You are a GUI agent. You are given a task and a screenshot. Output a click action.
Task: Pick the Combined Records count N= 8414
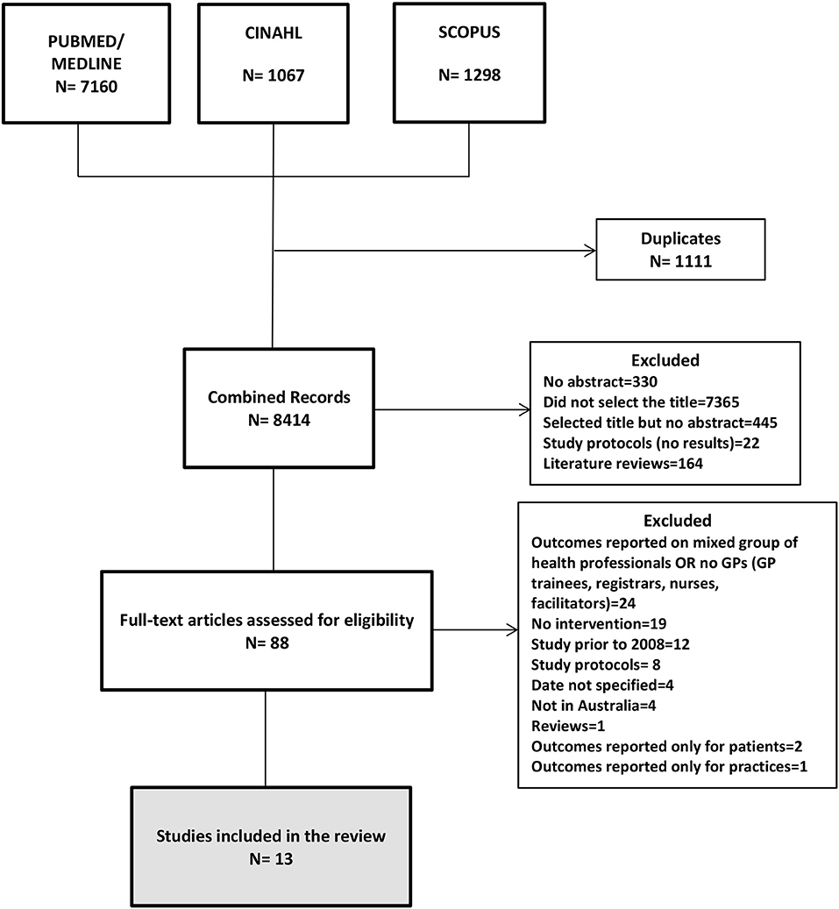coord(278,419)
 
